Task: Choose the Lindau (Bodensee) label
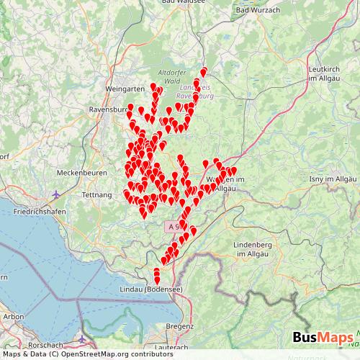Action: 153,289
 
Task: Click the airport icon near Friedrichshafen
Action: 57,194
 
